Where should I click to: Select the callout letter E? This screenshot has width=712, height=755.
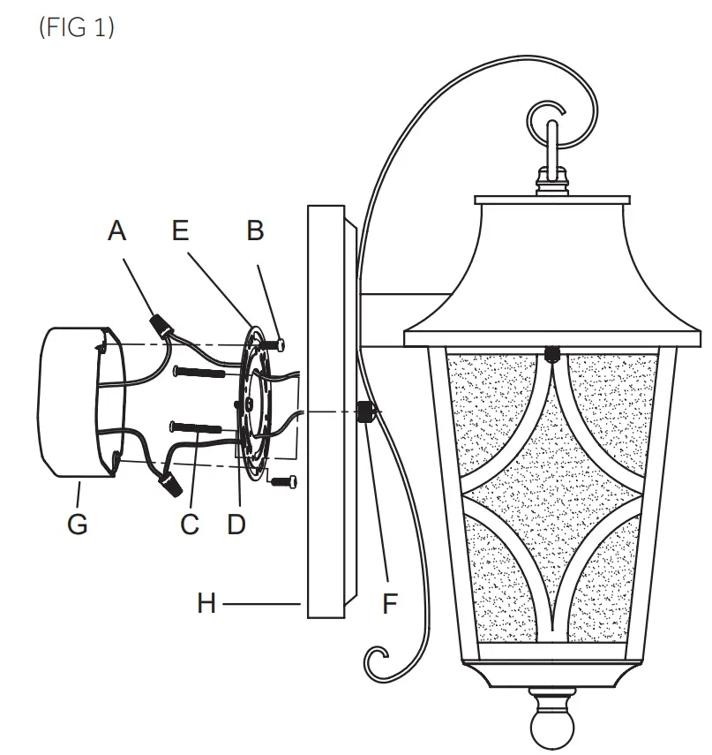[x=181, y=231]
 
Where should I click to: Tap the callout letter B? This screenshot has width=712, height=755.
[x=255, y=231]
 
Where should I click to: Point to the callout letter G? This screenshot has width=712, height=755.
[x=77, y=524]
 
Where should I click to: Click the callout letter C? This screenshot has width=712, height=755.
[x=190, y=524]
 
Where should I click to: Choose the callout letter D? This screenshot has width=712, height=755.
[x=236, y=524]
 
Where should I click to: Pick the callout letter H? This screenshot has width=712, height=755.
[x=206, y=604]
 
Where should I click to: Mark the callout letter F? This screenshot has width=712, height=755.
[x=389, y=604]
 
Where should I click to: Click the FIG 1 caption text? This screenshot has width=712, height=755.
[x=77, y=27]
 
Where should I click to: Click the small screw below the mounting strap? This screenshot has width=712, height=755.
[x=282, y=481]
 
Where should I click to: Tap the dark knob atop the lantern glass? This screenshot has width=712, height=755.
[x=552, y=354]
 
